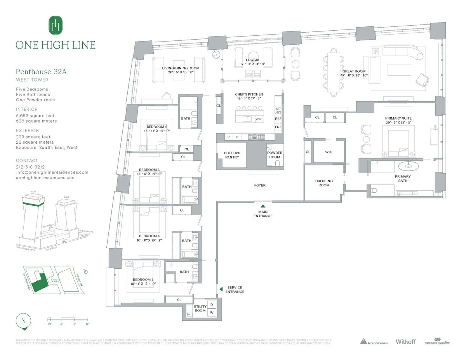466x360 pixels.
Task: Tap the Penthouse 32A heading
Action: [37, 71]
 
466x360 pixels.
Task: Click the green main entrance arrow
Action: [263, 206]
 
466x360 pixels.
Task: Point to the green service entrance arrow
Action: [221, 289]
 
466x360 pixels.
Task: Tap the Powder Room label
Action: [274, 155]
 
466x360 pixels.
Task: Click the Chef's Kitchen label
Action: [249, 94]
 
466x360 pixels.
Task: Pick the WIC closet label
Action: [329, 152]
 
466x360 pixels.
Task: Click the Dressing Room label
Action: [324, 183]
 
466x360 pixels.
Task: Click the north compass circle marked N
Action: [24, 321]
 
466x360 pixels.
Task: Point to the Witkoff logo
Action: [405, 341]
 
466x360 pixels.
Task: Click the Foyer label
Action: [260, 185]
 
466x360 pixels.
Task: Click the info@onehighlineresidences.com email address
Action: [52, 172]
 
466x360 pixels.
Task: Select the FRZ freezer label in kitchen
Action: [278, 127]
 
